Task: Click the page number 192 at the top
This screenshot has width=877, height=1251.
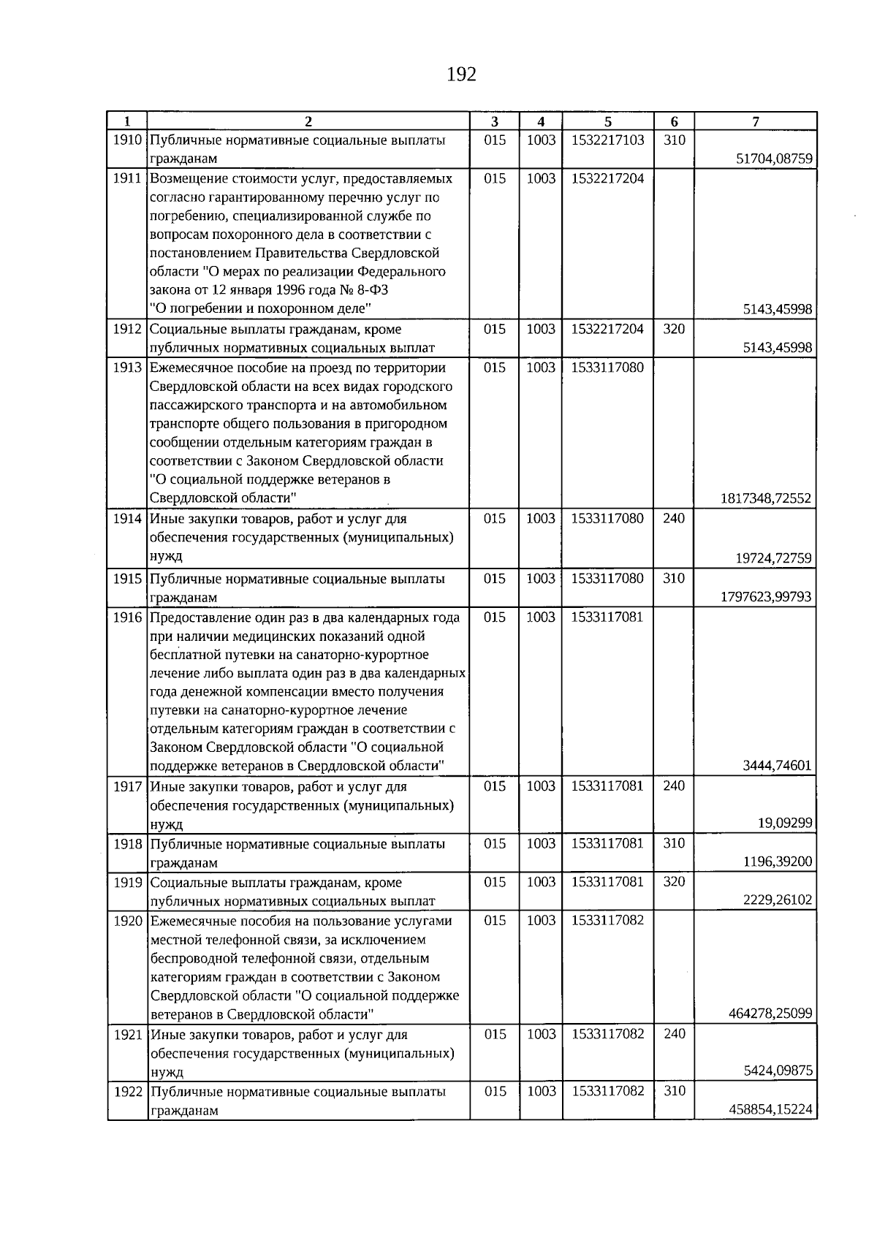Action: tap(460, 75)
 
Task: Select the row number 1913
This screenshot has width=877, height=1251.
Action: tap(127, 368)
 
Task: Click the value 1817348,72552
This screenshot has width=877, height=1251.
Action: tap(766, 499)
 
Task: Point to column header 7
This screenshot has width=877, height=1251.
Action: tap(755, 122)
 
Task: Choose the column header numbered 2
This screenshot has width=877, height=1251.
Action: tap(308, 122)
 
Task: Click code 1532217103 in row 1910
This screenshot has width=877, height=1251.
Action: tap(608, 140)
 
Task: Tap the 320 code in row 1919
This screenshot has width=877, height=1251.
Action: tap(674, 882)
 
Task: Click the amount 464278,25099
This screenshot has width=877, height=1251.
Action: tap(770, 1014)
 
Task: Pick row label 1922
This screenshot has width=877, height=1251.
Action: tap(127, 1092)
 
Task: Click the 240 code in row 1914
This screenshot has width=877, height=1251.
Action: tap(674, 519)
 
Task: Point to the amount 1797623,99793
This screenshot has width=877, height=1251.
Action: tap(766, 597)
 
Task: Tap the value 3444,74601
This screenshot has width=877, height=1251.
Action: tap(777, 767)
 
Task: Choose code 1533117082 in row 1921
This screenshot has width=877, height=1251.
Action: tap(608, 1035)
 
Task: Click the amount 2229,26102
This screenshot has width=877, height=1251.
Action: tap(777, 900)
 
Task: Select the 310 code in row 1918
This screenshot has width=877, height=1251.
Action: tap(674, 843)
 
